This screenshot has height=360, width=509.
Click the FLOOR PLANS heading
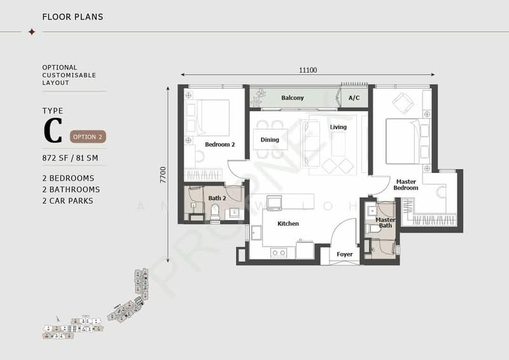pos(73,17)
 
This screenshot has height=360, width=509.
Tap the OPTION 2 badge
pos(87,137)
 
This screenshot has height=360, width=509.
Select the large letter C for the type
pos(52,131)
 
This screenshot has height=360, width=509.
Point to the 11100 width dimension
pos(308,70)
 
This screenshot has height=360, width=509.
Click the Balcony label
pos(293,98)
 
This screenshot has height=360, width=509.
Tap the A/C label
pos(354,98)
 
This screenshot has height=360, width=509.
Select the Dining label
pos(270,140)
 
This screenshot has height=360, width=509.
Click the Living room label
pos(338,127)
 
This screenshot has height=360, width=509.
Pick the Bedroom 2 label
pos(220,144)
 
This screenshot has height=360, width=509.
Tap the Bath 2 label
pos(216,198)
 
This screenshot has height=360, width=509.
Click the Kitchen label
pos(288,224)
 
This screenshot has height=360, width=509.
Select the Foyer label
pos(344,254)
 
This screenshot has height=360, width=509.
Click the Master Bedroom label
pos(405,185)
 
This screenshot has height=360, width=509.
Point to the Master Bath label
pos(385,222)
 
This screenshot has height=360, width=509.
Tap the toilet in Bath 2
pos(214,212)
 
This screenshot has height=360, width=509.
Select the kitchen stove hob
pos(279,253)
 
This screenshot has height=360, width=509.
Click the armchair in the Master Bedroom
pos(403,102)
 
